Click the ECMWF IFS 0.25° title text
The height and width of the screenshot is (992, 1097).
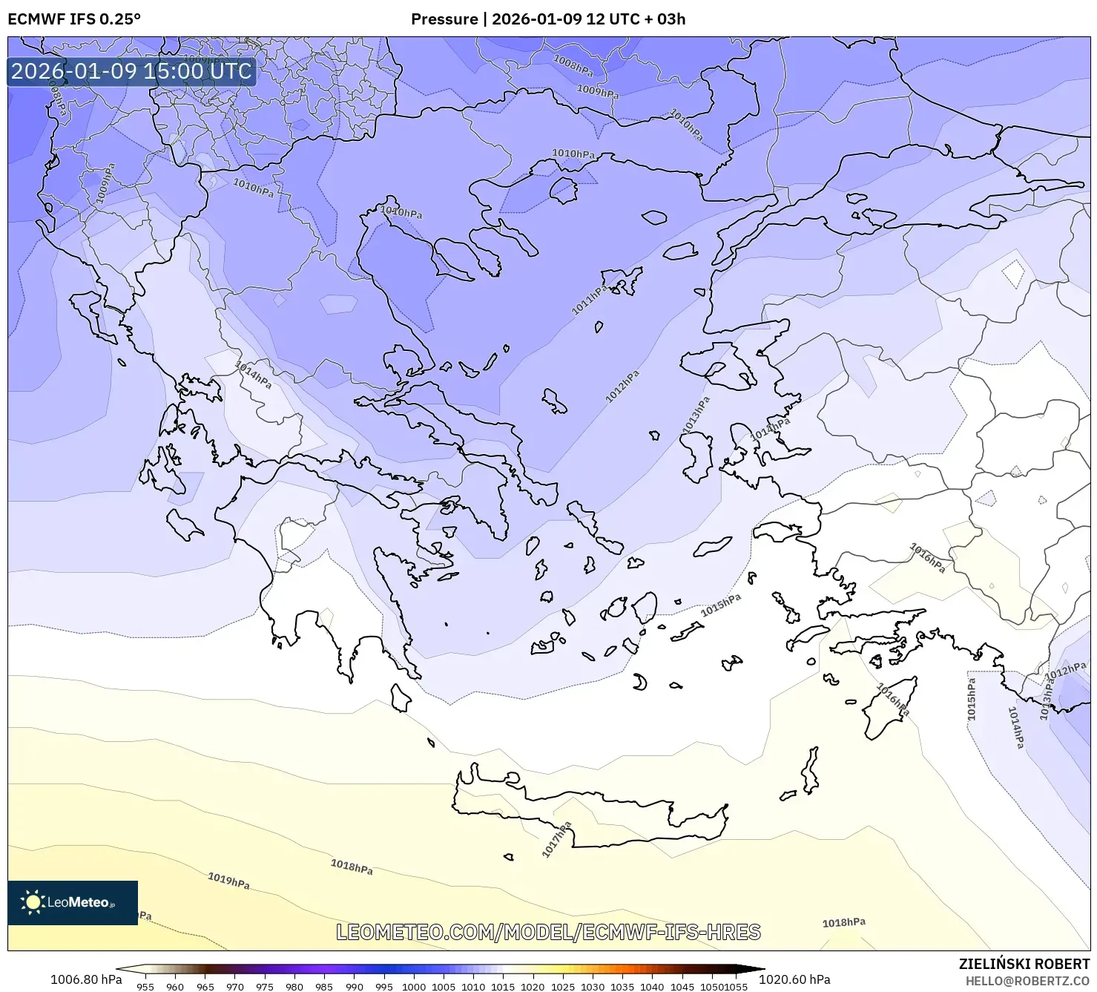click(x=74, y=19)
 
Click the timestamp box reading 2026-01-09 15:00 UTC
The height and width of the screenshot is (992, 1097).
click(x=131, y=71)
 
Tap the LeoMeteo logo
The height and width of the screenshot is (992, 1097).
click(x=73, y=902)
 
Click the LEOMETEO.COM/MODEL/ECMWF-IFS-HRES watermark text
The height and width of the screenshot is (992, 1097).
click(x=548, y=932)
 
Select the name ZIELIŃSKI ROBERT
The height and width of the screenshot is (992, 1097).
click(x=1024, y=964)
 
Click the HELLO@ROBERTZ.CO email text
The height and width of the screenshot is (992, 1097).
click(x=1027, y=980)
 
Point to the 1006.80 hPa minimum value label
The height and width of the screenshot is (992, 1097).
click(x=86, y=979)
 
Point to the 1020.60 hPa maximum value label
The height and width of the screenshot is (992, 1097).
click(x=794, y=979)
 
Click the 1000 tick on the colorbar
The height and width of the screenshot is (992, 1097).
click(x=413, y=987)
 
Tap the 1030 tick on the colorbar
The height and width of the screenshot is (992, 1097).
click(x=592, y=987)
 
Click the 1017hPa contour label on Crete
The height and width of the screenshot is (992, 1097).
click(x=557, y=839)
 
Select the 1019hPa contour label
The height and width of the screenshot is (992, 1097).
click(x=228, y=881)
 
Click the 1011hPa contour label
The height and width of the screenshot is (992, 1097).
click(x=590, y=300)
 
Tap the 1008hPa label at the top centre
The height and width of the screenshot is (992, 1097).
click(x=573, y=65)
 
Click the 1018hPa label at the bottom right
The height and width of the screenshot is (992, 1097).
click(x=843, y=922)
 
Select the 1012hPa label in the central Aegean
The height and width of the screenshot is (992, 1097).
click(x=622, y=387)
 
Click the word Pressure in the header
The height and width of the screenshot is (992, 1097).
click(x=444, y=19)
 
